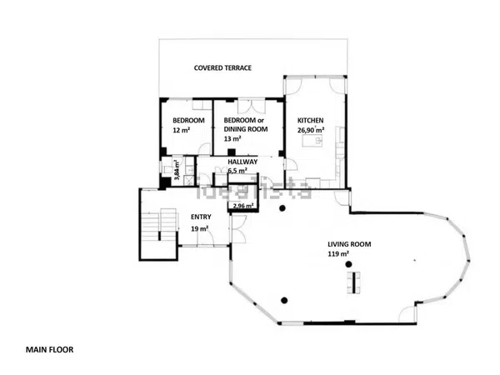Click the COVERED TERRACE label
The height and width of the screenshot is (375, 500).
[222, 68]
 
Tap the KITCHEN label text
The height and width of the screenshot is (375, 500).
[310, 121]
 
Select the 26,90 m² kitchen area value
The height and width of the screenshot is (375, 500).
[311, 130]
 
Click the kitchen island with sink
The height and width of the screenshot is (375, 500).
[312, 141]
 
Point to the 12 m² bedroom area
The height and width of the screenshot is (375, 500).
[182, 130]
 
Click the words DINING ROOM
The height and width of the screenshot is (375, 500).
[246, 129]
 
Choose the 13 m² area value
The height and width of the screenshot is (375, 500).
[232, 138]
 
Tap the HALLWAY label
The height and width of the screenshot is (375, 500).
[242, 162]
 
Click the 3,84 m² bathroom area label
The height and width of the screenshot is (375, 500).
[177, 170]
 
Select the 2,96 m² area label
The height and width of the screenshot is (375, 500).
[243, 206]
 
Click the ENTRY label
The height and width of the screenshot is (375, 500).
[201, 217]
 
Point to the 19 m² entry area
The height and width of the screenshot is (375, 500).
[200, 228]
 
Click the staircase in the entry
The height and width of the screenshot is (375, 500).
[159, 224]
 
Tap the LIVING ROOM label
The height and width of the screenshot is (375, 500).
[349, 244]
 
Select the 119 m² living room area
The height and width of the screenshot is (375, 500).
[338, 254]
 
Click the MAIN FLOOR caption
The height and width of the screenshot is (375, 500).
[49, 350]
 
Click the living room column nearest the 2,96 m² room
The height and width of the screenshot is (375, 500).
[282, 208]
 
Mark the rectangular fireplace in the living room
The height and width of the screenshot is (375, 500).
[353, 282]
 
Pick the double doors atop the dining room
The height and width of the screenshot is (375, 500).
[252, 107]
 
